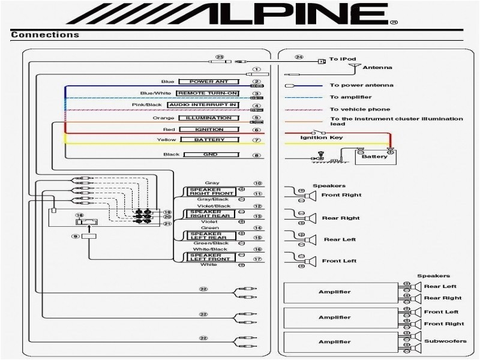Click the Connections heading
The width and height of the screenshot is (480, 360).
click(x=45, y=35)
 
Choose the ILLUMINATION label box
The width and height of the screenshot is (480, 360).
click(x=208, y=118)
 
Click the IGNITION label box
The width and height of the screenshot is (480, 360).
click(x=209, y=130)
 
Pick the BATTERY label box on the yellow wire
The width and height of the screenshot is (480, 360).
click(x=209, y=140)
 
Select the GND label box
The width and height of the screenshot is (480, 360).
click(x=209, y=155)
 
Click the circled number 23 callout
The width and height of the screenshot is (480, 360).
click(x=220, y=58)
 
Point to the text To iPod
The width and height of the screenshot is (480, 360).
click(x=339, y=59)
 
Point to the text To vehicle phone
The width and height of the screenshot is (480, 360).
click(x=351, y=109)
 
